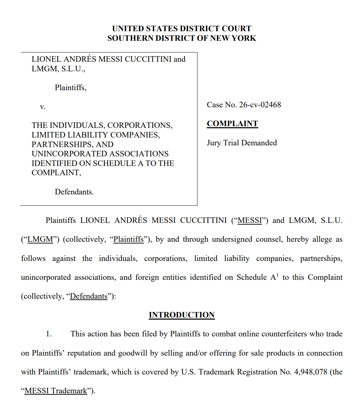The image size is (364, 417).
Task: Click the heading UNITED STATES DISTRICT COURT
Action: click(x=182, y=28)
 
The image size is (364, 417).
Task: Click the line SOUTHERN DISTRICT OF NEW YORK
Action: click(x=182, y=38)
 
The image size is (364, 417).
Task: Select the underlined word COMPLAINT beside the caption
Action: click(x=232, y=124)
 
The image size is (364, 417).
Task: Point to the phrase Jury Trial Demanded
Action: click(x=242, y=143)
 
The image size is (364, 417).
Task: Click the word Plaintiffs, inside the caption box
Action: click(x=71, y=88)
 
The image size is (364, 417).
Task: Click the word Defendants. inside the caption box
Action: click(x=74, y=192)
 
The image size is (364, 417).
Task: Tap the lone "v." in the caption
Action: click(x=43, y=107)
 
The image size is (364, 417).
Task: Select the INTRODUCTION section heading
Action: click(x=182, y=315)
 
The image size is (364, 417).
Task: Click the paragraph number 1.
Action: click(x=49, y=334)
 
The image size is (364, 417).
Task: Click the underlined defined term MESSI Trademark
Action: click(x=56, y=391)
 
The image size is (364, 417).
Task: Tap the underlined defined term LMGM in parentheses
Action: click(x=40, y=239)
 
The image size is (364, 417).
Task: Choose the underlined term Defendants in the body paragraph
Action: click(x=89, y=296)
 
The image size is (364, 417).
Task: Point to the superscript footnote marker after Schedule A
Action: click(x=277, y=275)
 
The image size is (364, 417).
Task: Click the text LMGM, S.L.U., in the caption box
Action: click(x=58, y=69)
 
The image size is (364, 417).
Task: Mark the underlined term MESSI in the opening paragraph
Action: click(x=250, y=221)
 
